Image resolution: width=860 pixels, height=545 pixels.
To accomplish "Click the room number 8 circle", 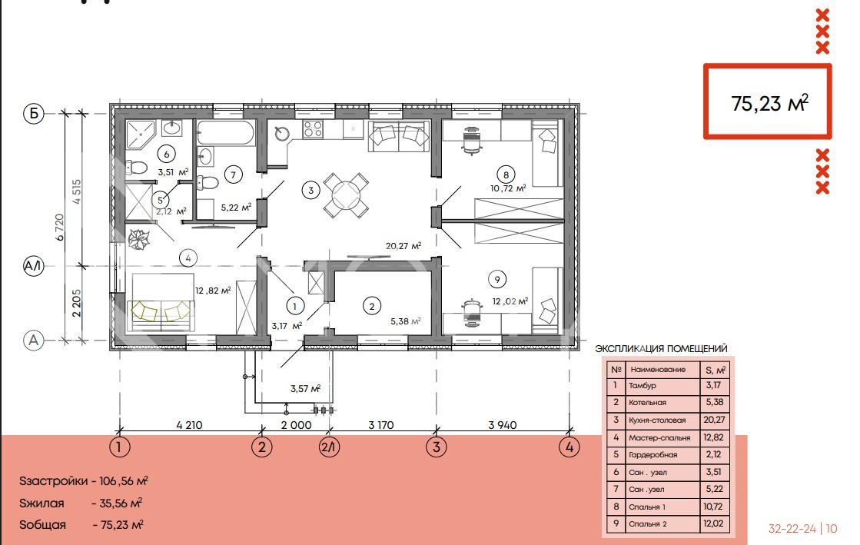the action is click(506, 174).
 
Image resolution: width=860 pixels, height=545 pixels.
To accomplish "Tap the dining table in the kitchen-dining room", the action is click(346, 195).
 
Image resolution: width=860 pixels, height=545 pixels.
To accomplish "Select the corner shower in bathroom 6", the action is click(141, 135).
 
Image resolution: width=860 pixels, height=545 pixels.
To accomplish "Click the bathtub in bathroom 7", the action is click(226, 133).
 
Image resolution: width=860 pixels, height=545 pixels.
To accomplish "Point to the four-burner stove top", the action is click(313, 129).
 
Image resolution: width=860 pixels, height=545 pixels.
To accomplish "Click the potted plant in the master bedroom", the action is click(138, 239).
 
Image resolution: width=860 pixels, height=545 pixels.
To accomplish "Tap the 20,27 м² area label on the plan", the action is click(403, 246).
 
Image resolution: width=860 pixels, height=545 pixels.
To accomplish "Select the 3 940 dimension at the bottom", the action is click(503, 425).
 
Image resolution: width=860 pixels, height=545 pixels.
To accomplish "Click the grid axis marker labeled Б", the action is click(34, 114).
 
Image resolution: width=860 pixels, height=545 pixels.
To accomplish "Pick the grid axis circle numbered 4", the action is click(569, 447).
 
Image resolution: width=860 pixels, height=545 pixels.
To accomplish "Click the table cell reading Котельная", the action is click(648, 402).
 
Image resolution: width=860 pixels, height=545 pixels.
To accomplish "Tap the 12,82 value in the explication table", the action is click(713, 437).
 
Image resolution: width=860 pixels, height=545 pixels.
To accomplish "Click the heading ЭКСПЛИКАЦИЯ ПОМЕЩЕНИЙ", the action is click(661, 348).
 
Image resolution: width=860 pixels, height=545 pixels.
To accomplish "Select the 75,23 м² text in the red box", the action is click(769, 103).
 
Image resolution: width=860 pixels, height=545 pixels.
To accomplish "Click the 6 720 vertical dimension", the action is click(60, 227).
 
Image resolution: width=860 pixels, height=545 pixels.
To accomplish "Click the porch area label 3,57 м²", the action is click(306, 389).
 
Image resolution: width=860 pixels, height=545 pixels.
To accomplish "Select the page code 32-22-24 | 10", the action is click(802, 529).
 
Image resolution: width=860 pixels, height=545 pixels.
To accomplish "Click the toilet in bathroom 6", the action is click(136, 168).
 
